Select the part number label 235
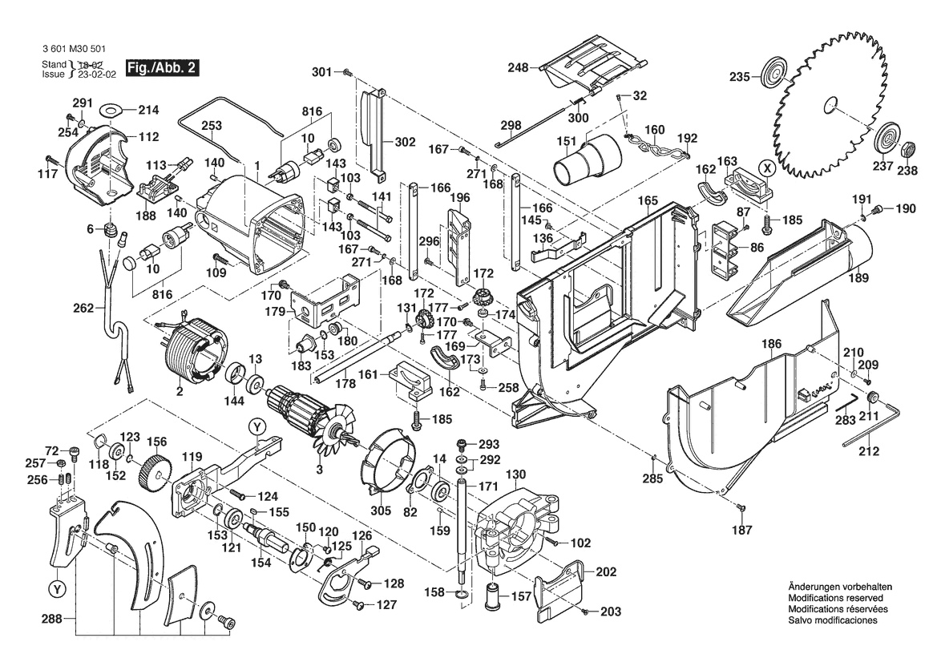point(739,77)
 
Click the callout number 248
point(517,68)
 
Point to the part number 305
point(382,510)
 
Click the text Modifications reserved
point(836,598)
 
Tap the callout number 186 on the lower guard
point(770,343)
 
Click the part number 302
point(405,142)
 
